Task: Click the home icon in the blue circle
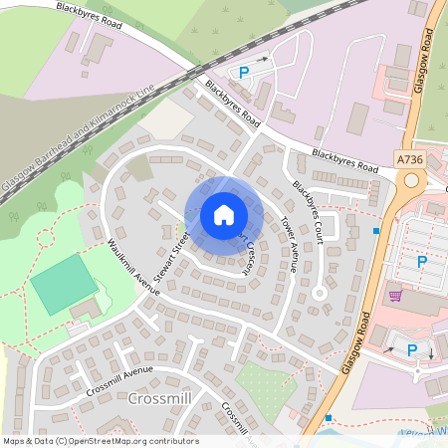pyautogui.click(x=223, y=215)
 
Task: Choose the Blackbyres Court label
pyautogui.click(x=306, y=210)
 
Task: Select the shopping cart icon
pyautogui.click(x=396, y=296)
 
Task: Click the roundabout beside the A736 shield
pyautogui.click(x=410, y=180)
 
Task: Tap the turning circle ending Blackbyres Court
pyautogui.click(x=319, y=293)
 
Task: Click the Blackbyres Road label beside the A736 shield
pyautogui.click(x=344, y=158)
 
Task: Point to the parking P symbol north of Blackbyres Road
pyautogui.click(x=244, y=72)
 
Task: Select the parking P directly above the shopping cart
pyautogui.click(x=421, y=262)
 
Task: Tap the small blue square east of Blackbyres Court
pyautogui.click(x=375, y=231)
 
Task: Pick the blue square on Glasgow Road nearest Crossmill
pyautogui.click(x=329, y=418)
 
